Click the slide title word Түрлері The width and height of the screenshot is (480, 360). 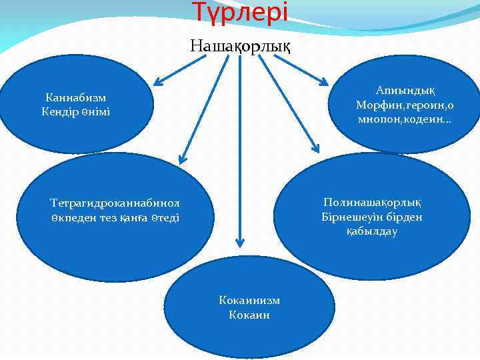240,11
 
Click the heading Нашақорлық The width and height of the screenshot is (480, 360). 240,46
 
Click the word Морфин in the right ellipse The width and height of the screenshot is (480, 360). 377,105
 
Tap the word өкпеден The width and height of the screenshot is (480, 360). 71,217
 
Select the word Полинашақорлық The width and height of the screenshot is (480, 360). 372,202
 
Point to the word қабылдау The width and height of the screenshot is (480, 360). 372,231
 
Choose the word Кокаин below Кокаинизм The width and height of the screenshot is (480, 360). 249,315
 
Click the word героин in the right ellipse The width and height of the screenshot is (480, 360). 420,105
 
